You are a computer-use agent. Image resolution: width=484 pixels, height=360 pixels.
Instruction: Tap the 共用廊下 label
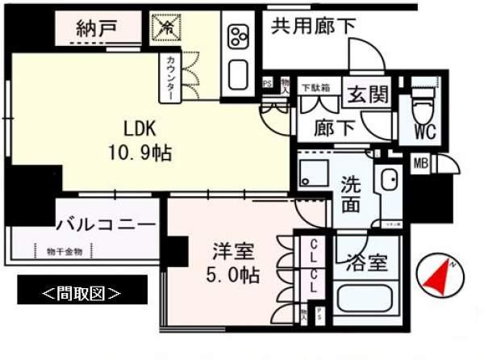click(x=314, y=25)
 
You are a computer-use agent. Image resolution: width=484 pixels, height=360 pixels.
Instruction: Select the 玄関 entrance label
click(x=367, y=94)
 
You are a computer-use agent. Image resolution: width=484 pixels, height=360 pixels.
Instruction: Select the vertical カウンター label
click(x=171, y=78)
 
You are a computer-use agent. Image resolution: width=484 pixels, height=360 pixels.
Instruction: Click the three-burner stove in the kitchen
click(x=239, y=36)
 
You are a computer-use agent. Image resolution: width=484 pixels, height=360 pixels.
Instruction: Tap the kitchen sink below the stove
click(x=239, y=73)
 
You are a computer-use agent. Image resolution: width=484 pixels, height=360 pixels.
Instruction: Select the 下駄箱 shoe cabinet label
click(x=315, y=86)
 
